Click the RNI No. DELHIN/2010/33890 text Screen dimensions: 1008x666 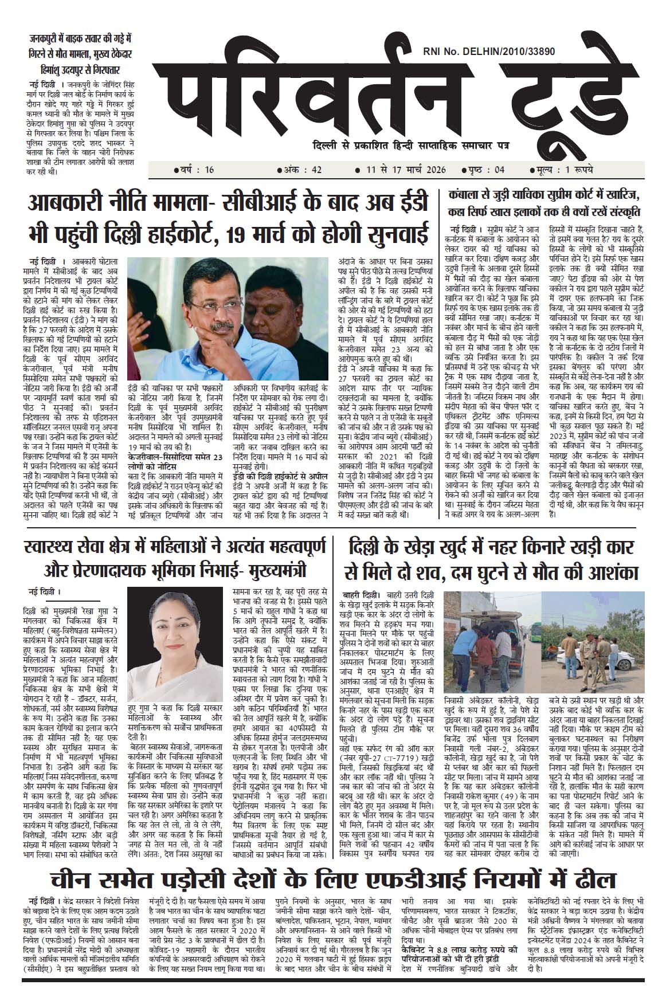click(488, 52)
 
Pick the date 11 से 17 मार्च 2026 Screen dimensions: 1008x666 click(400, 170)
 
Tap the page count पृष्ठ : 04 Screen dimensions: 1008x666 click(479, 170)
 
